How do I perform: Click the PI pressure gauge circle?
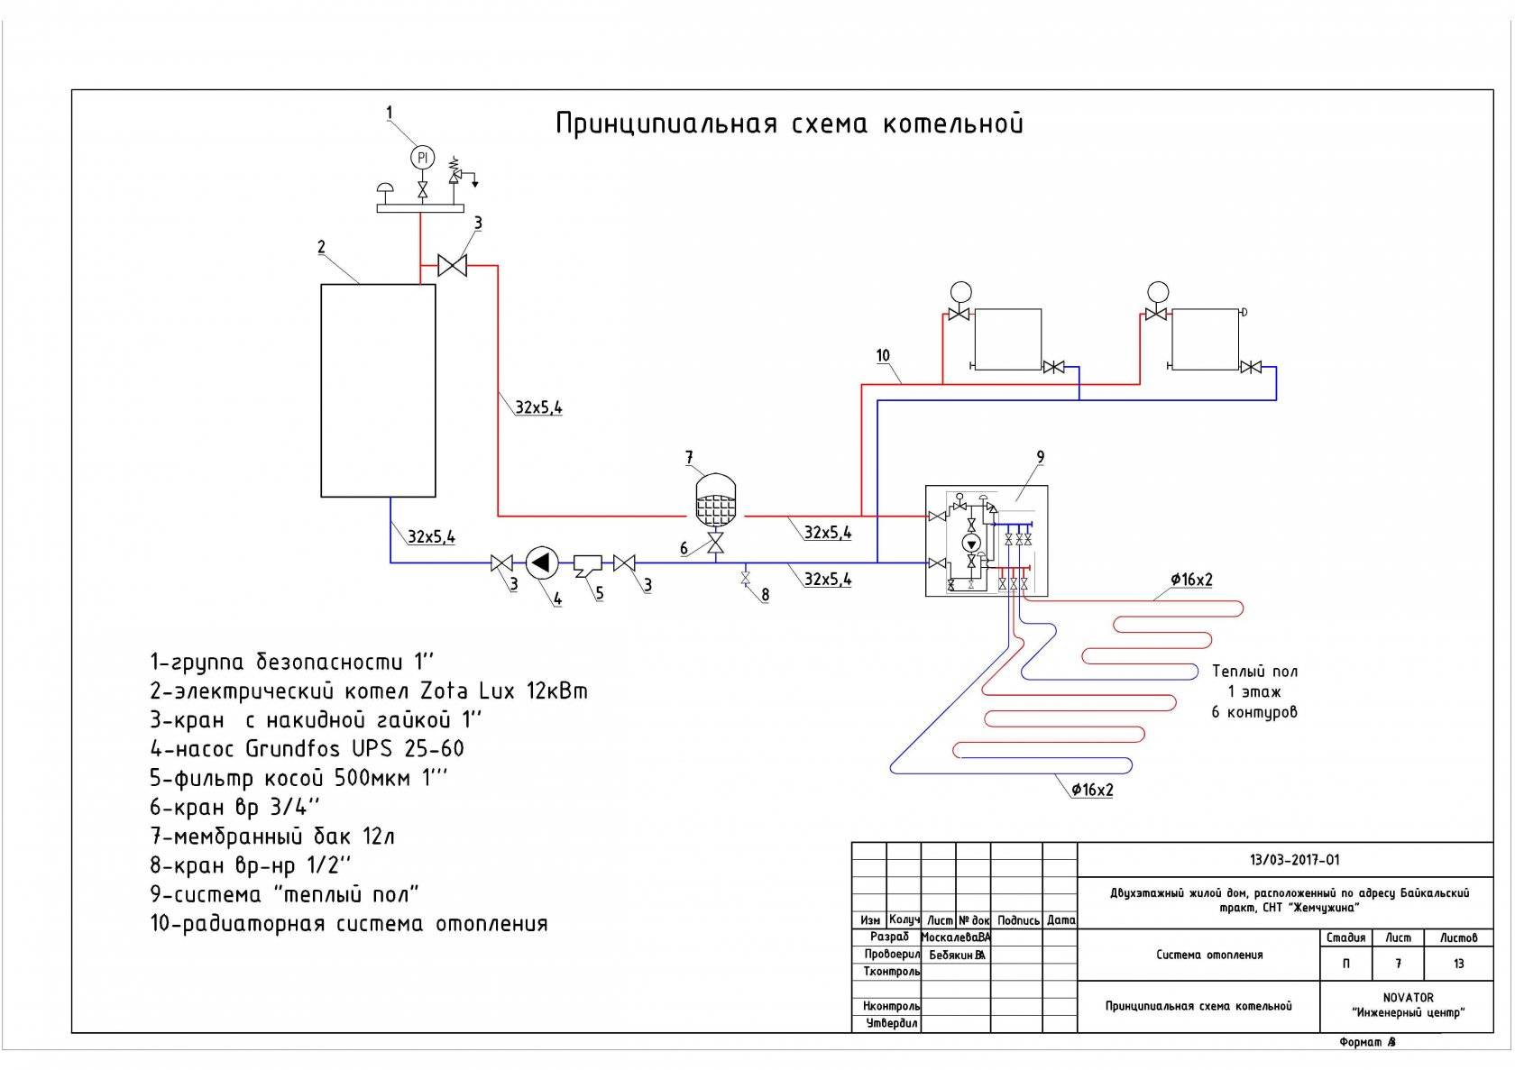tap(422, 158)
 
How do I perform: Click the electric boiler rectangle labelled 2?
tap(378, 390)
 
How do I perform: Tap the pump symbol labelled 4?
tap(541, 562)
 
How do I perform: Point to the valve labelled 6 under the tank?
tap(716, 544)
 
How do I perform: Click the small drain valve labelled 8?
tap(746, 578)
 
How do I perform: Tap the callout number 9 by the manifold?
tap(1041, 458)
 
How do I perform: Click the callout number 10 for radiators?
tap(883, 356)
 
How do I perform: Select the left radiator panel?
tap(1007, 338)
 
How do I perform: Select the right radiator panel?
tap(1205, 338)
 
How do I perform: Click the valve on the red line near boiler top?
tap(452, 266)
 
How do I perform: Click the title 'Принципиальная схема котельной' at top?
tap(789, 123)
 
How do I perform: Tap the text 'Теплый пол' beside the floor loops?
tap(1254, 672)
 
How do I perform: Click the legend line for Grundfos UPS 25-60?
tap(307, 749)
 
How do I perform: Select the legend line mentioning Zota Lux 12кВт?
tap(368, 691)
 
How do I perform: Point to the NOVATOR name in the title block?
tap(1408, 998)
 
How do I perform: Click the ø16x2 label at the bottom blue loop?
tap(1092, 791)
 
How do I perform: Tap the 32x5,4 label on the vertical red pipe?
tap(538, 407)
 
